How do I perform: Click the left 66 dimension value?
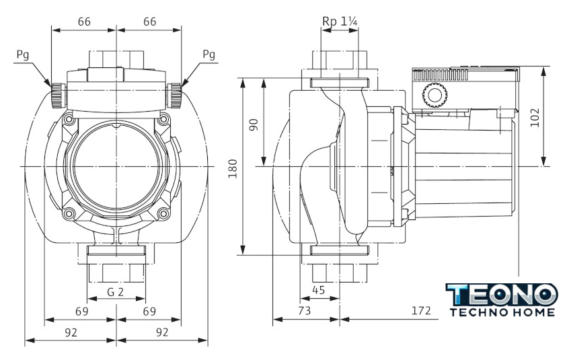pyautogui.click(x=84, y=22)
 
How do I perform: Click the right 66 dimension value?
pyautogui.click(x=149, y=22)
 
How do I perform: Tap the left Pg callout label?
pyautogui.click(x=22, y=55)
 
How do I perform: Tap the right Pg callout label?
pyautogui.click(x=209, y=55)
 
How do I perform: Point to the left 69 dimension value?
pyautogui.click(x=81, y=312)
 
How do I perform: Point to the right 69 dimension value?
pyautogui.click(x=149, y=312)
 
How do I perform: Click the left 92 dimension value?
pyautogui.click(x=71, y=332)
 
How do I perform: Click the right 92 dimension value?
pyautogui.click(x=161, y=332)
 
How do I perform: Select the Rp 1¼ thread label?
pyautogui.click(x=340, y=22)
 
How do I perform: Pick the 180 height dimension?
pyautogui.click(x=233, y=168)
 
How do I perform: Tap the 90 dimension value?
pyautogui.click(x=254, y=125)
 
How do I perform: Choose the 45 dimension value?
pyautogui.click(x=318, y=290)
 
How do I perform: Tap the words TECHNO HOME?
pyautogui.click(x=502, y=312)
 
